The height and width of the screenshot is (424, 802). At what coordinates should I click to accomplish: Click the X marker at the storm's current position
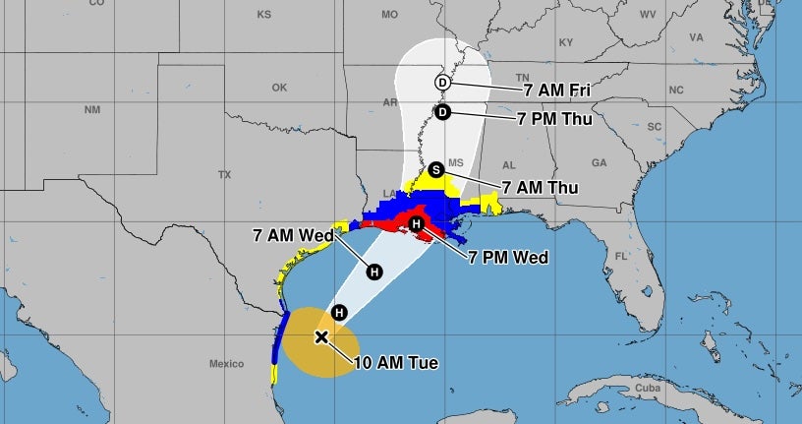[x=321, y=337]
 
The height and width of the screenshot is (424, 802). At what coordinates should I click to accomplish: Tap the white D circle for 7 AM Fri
[x=442, y=82]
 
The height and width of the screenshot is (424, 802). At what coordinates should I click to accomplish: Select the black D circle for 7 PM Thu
[x=442, y=112]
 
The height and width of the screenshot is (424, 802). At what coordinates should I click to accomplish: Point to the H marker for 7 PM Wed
[x=417, y=225]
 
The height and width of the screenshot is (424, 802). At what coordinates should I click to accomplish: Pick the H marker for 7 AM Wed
[x=373, y=272]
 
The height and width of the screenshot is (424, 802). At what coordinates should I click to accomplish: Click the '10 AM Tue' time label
[x=395, y=363]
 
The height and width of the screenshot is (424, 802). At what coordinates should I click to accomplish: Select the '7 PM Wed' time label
[x=508, y=257]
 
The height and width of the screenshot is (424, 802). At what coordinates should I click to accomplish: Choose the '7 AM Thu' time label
[x=540, y=187]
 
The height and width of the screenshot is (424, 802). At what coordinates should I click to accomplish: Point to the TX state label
[x=224, y=175]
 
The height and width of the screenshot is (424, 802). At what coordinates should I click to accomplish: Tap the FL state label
[x=621, y=257]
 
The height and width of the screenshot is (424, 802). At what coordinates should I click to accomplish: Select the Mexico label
[x=226, y=364]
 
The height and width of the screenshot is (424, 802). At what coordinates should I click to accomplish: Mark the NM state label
[x=92, y=109]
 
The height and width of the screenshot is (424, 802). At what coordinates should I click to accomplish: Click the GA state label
[x=599, y=162]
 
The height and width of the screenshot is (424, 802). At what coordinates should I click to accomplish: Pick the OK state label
[x=280, y=88]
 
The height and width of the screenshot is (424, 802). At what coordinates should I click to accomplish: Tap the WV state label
[x=648, y=15]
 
